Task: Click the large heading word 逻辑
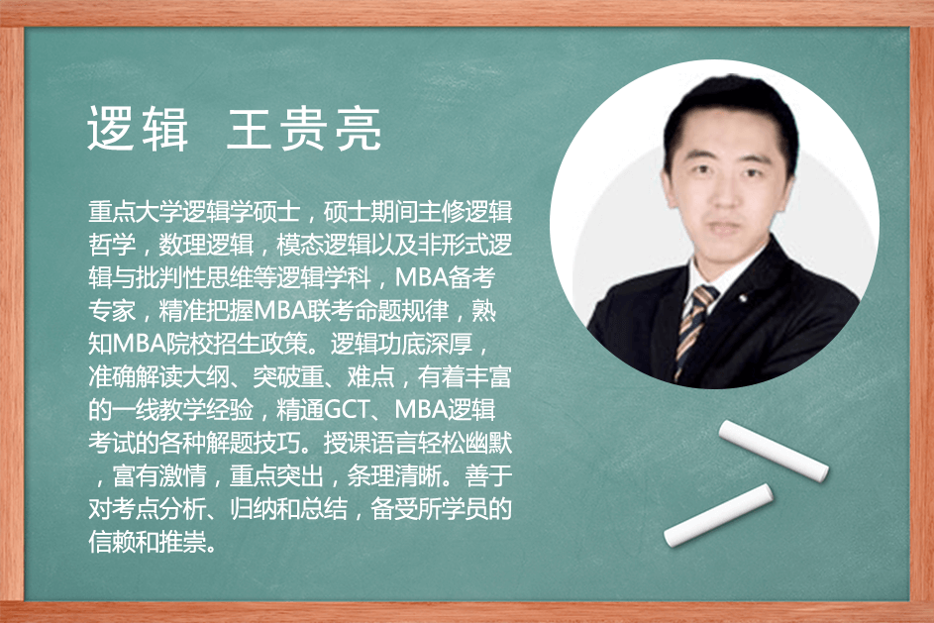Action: [x=138, y=129]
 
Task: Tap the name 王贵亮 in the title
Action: [x=304, y=129]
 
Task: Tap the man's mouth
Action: [x=724, y=227]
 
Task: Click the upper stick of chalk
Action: [x=774, y=451]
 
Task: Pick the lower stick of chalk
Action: [x=718, y=515]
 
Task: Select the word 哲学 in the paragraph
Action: [x=112, y=245]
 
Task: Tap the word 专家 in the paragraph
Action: [x=112, y=310]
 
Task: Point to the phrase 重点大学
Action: [x=136, y=212]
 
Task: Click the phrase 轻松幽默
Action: [x=465, y=443]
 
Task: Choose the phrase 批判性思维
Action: [x=194, y=277]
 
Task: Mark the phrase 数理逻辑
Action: [x=206, y=245]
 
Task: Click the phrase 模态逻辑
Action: [x=324, y=245]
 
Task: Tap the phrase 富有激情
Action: [x=159, y=475]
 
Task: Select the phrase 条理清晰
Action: [x=394, y=475]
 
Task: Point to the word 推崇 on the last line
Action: [x=183, y=542]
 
